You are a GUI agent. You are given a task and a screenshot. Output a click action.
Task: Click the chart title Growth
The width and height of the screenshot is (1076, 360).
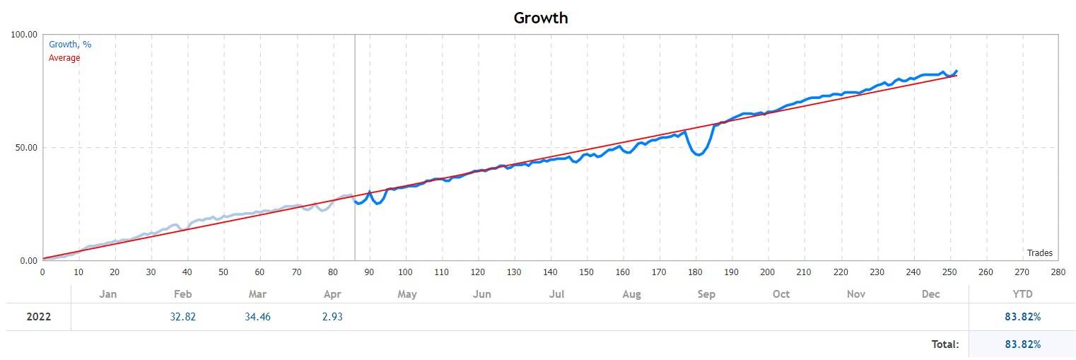click(540, 18)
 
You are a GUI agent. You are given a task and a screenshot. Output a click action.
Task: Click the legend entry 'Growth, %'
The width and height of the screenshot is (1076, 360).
click(70, 45)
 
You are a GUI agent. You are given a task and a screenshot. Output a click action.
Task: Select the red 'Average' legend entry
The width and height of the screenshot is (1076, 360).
click(64, 58)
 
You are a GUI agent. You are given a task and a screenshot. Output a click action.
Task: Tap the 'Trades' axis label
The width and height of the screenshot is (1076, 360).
click(1039, 253)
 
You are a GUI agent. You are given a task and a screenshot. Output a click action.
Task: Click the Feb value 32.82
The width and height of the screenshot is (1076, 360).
click(182, 317)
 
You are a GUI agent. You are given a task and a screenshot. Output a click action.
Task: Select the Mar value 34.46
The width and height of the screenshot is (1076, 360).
click(257, 317)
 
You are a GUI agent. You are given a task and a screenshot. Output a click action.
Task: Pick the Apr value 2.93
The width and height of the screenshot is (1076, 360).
click(332, 317)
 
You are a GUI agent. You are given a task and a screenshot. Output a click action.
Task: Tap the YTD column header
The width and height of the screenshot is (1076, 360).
click(1022, 294)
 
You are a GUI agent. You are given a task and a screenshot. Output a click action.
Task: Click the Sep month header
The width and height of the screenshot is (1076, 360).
click(706, 294)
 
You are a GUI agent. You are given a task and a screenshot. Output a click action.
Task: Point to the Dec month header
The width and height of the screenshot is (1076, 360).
click(931, 294)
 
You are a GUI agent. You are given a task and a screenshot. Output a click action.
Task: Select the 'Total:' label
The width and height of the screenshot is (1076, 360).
click(945, 344)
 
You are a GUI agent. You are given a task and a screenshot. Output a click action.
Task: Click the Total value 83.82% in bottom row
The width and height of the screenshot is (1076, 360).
click(1022, 344)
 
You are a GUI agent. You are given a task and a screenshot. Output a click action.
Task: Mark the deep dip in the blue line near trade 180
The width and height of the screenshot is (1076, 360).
click(698, 154)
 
